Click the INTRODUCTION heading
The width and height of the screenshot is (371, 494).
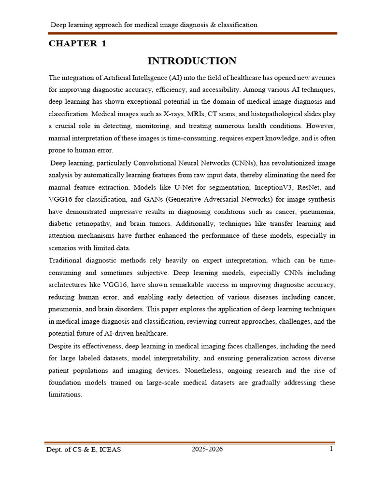click(x=192, y=61)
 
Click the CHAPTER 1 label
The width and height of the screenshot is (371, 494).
click(x=77, y=43)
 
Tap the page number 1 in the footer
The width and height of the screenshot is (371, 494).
click(x=331, y=449)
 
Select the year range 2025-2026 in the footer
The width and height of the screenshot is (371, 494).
click(x=207, y=449)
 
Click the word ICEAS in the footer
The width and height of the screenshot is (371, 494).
click(x=109, y=450)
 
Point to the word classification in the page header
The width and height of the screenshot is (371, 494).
click(x=238, y=25)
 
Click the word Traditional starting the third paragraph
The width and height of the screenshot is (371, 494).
click(x=67, y=261)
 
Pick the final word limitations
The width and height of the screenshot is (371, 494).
click(x=66, y=395)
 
